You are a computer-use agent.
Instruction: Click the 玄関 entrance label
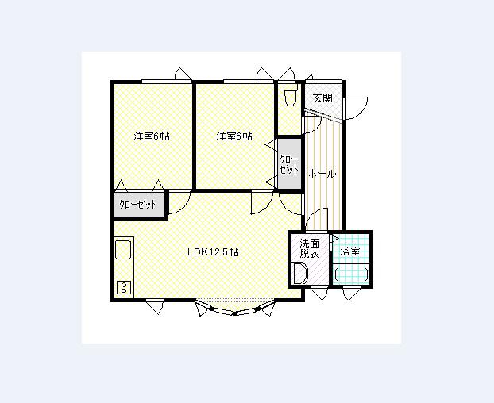click(x=323, y=98)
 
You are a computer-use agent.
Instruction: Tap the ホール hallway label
click(x=322, y=174)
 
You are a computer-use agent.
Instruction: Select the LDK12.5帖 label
click(x=213, y=252)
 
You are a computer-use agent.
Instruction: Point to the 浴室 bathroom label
click(x=350, y=251)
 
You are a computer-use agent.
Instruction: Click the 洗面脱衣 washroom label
click(x=310, y=248)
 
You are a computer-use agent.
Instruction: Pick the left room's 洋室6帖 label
click(x=152, y=136)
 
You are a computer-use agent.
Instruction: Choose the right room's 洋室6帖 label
click(x=234, y=136)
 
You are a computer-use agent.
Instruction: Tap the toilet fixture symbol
click(x=291, y=95)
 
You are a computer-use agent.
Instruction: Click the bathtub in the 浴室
click(x=352, y=274)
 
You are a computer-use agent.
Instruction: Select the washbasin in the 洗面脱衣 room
click(x=300, y=274)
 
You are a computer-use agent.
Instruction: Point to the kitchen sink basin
click(x=124, y=250)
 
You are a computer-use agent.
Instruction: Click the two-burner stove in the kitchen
click(x=124, y=287)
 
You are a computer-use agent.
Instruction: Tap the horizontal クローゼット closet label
click(x=137, y=205)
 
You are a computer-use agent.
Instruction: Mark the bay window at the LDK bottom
click(x=235, y=308)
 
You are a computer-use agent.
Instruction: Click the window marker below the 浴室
click(x=351, y=294)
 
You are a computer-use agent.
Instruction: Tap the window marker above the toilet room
click(x=287, y=75)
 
